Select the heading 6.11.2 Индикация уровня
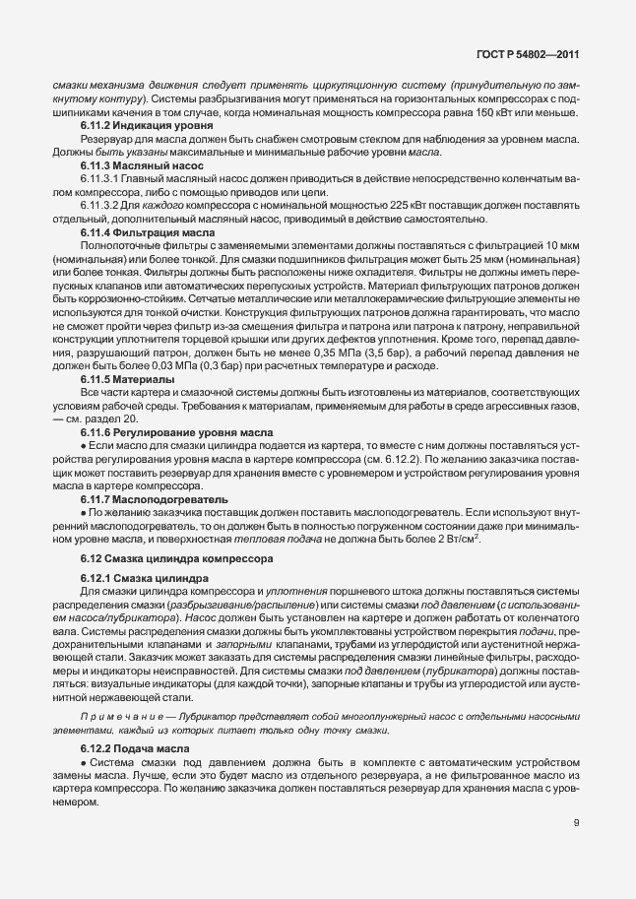135,127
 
